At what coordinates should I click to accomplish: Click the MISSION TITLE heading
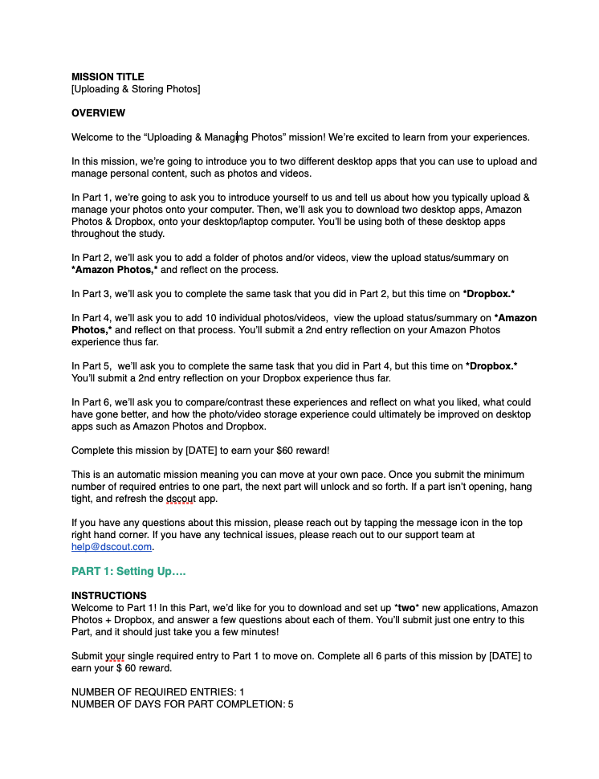coord(108,77)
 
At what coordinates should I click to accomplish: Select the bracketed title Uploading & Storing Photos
coord(136,89)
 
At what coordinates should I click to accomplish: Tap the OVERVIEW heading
coord(98,113)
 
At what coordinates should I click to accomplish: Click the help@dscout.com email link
coord(112,547)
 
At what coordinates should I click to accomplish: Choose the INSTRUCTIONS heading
coord(109,596)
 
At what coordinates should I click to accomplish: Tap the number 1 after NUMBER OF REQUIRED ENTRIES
coord(242,692)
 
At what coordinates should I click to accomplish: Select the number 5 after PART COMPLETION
coord(291,704)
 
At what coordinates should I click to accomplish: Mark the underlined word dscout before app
coord(181,499)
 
